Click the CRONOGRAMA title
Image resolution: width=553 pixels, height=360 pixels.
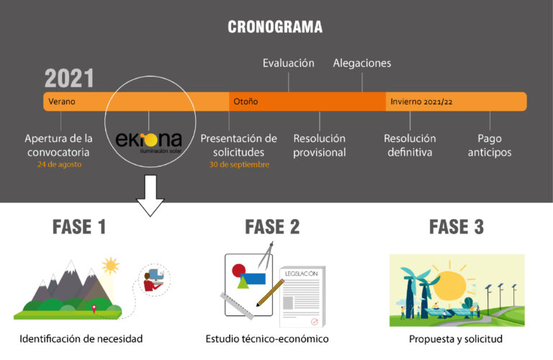(275, 27)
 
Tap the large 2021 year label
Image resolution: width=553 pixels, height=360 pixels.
(69, 78)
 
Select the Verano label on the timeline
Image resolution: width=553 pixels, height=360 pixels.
(62, 102)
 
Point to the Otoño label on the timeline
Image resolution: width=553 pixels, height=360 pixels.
(246, 102)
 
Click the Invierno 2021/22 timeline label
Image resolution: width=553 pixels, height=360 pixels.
(421, 102)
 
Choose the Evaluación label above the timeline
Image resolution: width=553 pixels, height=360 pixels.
(288, 63)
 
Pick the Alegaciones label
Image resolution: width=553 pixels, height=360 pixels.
(361, 63)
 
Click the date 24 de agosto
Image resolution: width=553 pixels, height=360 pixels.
(59, 164)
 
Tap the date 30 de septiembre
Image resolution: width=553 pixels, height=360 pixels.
(238, 164)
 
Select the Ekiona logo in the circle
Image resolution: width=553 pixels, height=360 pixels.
(150, 140)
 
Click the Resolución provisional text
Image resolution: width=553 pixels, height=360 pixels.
(319, 145)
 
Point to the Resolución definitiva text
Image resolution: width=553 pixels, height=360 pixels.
(410, 145)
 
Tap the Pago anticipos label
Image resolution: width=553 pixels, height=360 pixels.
(490, 145)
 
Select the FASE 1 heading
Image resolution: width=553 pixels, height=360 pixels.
(80, 227)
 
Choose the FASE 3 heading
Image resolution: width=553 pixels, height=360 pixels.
(457, 227)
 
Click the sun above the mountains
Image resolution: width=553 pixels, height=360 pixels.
(110, 266)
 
